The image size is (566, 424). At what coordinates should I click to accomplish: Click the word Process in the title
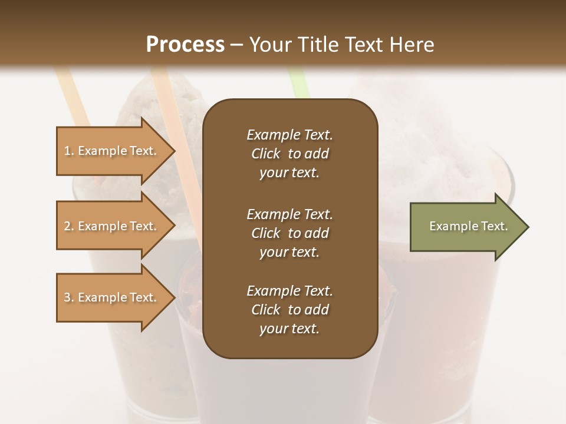185,45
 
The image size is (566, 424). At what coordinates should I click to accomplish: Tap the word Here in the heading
411,45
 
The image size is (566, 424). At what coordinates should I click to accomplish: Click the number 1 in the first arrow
67,151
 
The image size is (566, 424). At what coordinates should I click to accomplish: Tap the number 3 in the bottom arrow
67,297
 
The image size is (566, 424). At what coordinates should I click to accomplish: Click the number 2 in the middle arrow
67,226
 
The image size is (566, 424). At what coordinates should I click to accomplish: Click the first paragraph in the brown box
289,154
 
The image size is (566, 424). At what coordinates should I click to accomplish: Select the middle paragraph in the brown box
289,233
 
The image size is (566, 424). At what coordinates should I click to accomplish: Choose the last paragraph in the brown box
289,310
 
